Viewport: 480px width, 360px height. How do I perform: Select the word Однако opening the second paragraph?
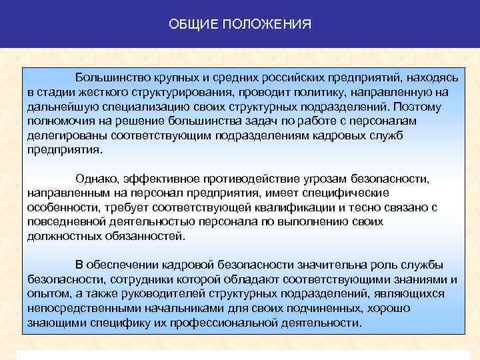coord(97,179)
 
